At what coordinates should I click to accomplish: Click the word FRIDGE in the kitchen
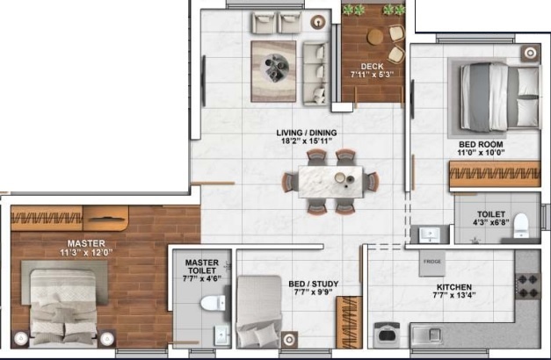tap(431, 263)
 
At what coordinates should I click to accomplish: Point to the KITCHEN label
tap(453, 287)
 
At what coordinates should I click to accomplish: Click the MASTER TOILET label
tap(202, 267)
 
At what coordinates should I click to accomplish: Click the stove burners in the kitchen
tap(529, 284)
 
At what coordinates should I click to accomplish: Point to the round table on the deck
tap(376, 37)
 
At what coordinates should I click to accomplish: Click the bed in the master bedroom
tap(63, 304)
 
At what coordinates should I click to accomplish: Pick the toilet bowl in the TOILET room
tap(520, 226)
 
